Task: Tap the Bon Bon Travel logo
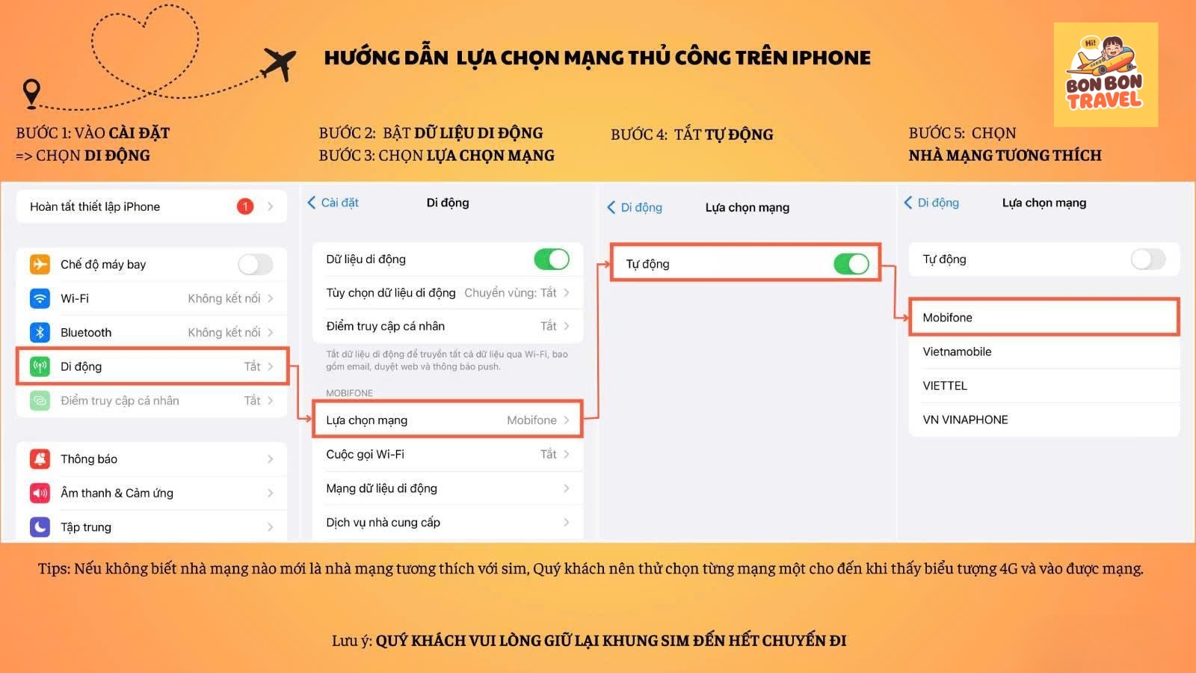click(x=1106, y=74)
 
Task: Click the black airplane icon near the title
click(x=279, y=64)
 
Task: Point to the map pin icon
click(x=31, y=93)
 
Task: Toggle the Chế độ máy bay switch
click(x=255, y=265)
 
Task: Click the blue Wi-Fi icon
click(x=40, y=298)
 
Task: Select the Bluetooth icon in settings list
click(x=40, y=332)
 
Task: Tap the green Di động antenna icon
click(x=40, y=366)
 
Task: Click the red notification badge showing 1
click(x=245, y=206)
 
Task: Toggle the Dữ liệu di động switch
click(x=552, y=259)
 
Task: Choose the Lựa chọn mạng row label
click(x=367, y=420)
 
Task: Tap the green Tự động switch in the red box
click(x=851, y=264)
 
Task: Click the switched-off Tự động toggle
click(x=1148, y=259)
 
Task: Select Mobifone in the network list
click(x=948, y=318)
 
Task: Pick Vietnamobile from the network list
click(x=957, y=351)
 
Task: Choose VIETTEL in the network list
click(x=945, y=386)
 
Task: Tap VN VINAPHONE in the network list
click(x=965, y=420)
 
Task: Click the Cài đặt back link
click(x=333, y=203)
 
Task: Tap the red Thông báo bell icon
click(x=40, y=459)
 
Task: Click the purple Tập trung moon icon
click(x=40, y=527)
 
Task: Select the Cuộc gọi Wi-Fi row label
click(x=366, y=455)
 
